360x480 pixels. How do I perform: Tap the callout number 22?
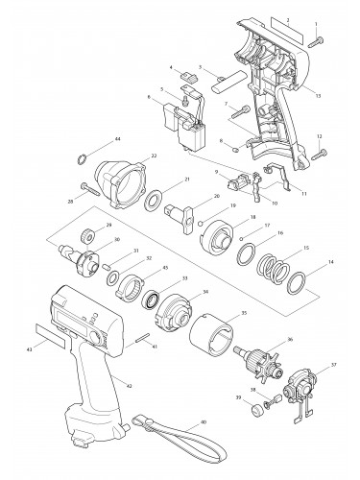pyautogui.click(x=154, y=156)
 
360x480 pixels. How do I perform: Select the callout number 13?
pyautogui.click(x=318, y=94)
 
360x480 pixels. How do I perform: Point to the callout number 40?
pyautogui.click(x=204, y=422)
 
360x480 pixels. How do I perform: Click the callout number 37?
pyautogui.click(x=333, y=366)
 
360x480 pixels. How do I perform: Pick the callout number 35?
pyautogui.click(x=243, y=313)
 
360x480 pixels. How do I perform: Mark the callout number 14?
pyautogui.click(x=332, y=262)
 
